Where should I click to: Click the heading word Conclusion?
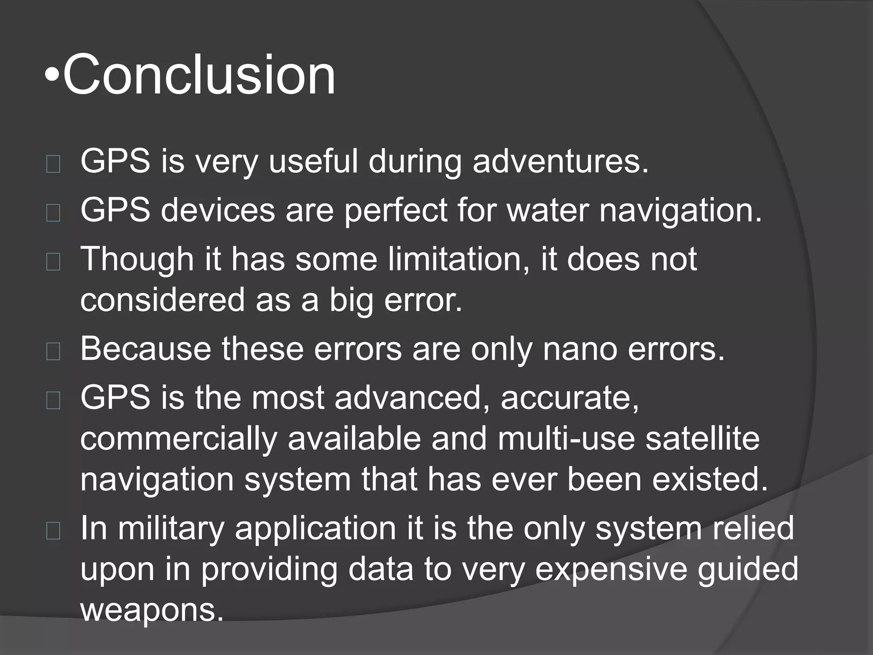pyautogui.click(x=199, y=75)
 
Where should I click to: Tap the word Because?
pyautogui.click(x=145, y=348)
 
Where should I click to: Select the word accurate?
pyautogui.click(x=569, y=397)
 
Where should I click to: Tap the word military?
pyautogui.click(x=171, y=528)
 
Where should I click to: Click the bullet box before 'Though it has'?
pyautogui.click(x=53, y=262)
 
